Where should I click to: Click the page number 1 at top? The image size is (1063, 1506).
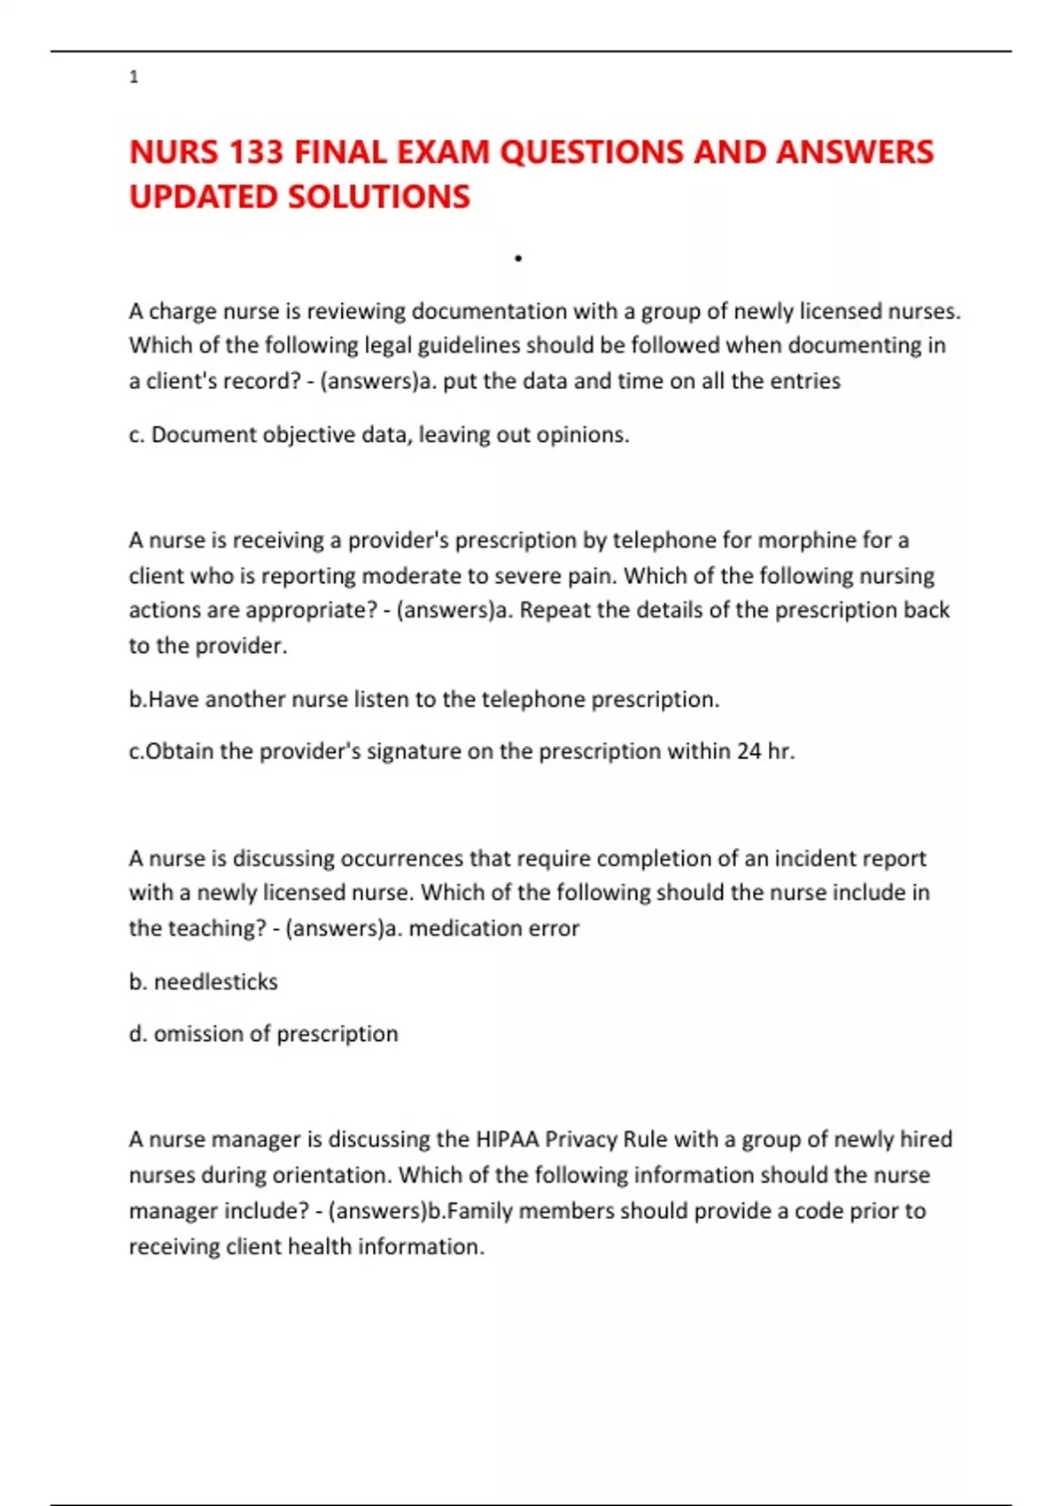[134, 77]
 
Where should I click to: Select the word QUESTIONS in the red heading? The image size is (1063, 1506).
[592, 152]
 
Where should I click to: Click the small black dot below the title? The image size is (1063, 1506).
[518, 259]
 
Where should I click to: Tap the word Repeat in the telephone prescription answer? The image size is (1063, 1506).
[552, 610]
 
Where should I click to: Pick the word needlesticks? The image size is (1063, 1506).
[215, 982]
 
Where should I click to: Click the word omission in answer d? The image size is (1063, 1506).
[198, 1034]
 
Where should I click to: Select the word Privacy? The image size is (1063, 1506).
[580, 1139]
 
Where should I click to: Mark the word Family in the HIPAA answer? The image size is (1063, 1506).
[480, 1211]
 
